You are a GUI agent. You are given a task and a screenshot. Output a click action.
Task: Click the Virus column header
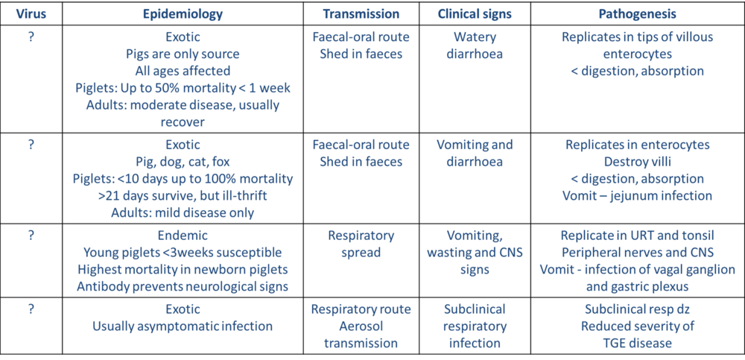tap(31, 13)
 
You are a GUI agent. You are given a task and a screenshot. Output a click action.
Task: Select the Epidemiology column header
tap(183, 13)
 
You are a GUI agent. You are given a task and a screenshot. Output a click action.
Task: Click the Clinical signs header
tap(475, 13)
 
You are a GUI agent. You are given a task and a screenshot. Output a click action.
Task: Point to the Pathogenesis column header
tap(638, 13)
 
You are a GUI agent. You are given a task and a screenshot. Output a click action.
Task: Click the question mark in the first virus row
tap(31, 36)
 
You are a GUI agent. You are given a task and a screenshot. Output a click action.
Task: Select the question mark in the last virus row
tap(31, 308)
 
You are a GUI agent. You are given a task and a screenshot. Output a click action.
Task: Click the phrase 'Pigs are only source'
tap(183, 54)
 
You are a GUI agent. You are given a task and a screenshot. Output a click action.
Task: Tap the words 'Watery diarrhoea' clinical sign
tap(475, 45)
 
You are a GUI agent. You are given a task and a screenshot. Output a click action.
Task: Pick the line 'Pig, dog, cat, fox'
tap(183, 162)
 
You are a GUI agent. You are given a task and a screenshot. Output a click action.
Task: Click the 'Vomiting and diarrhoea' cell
tap(475, 153)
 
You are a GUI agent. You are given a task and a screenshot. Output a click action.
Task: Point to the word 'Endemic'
tap(183, 235)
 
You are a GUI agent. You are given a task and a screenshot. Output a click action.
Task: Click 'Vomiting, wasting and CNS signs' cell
tap(475, 252)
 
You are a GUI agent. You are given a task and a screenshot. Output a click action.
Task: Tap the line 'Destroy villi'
tap(638, 162)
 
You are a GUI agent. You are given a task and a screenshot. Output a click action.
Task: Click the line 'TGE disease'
tap(638, 343)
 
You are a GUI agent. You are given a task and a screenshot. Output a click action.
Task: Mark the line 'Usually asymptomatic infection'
tap(183, 326)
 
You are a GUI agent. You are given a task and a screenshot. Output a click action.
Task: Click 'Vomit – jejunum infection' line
tap(638, 196)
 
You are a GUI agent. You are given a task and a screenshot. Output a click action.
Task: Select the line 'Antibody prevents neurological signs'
tap(183, 287)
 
